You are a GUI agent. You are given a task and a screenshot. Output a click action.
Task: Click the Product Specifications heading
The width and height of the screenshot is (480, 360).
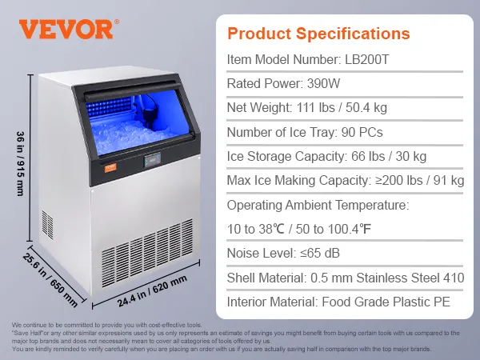[x=318, y=34]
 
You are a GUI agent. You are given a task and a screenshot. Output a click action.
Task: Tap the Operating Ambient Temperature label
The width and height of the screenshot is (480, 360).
[x=318, y=206]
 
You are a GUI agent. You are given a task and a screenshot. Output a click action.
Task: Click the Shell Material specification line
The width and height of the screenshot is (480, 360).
[x=345, y=278]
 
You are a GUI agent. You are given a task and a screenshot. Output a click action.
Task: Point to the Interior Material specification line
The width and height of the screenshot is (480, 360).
[x=338, y=303]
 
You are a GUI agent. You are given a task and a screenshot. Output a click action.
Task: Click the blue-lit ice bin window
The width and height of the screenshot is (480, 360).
[x=128, y=120]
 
